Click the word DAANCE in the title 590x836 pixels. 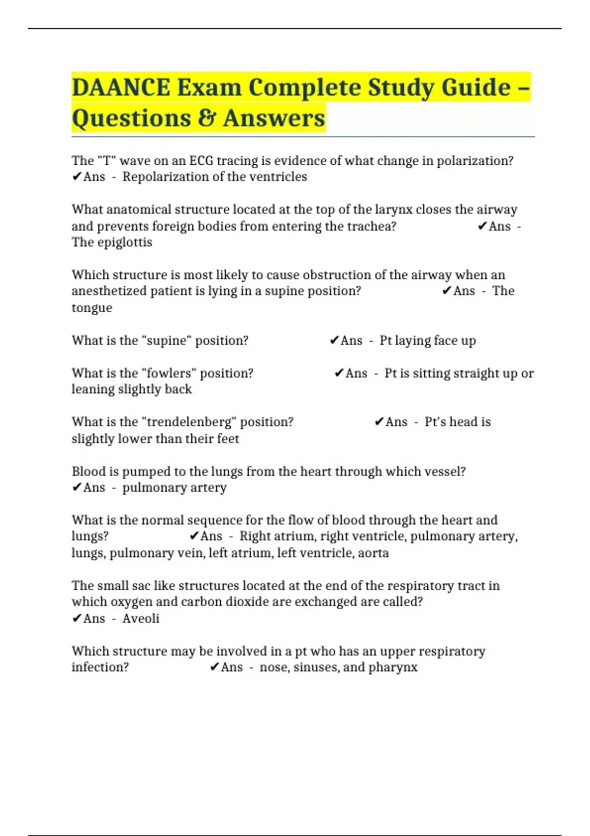tap(121, 88)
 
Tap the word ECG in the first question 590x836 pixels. tap(201, 161)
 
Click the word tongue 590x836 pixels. tap(92, 308)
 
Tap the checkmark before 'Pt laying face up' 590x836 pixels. tap(334, 340)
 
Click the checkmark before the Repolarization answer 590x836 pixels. tap(77, 177)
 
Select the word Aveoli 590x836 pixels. tap(141, 618)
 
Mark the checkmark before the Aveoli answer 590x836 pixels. tap(77, 618)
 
